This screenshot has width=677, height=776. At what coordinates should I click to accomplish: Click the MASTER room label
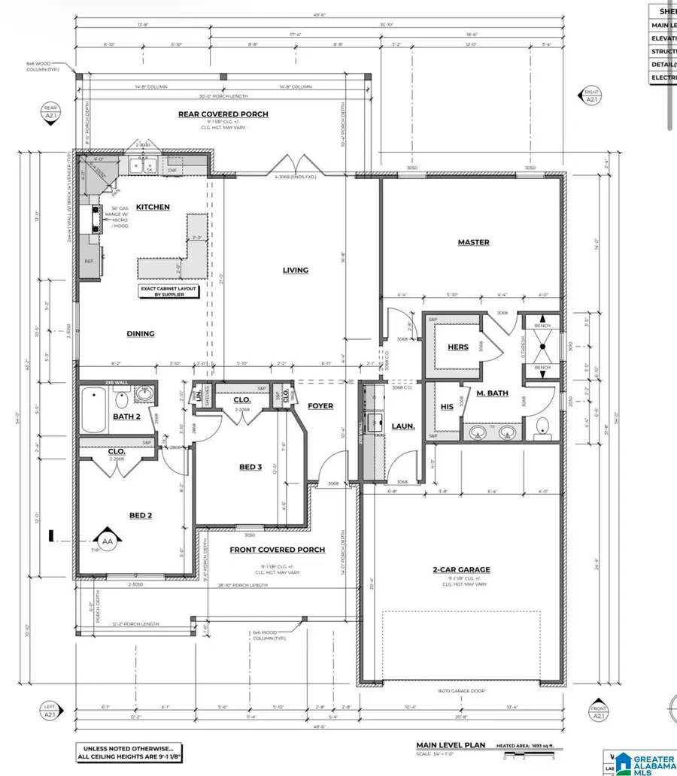474,242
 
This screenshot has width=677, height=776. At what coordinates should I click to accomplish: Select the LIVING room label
296,270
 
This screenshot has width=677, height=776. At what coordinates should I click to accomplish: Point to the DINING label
141,334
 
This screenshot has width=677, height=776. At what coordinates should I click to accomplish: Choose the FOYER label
320,406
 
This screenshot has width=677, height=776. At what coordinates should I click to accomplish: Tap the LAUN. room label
403,426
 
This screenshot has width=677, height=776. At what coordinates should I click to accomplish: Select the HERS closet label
458,347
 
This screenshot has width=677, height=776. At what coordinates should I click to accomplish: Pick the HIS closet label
446,407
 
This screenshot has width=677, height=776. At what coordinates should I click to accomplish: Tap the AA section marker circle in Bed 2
107,540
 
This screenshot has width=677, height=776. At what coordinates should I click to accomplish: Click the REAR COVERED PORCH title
223,114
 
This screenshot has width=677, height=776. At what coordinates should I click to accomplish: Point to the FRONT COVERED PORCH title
277,550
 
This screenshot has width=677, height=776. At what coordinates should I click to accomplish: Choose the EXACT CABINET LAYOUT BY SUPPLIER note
168,291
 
